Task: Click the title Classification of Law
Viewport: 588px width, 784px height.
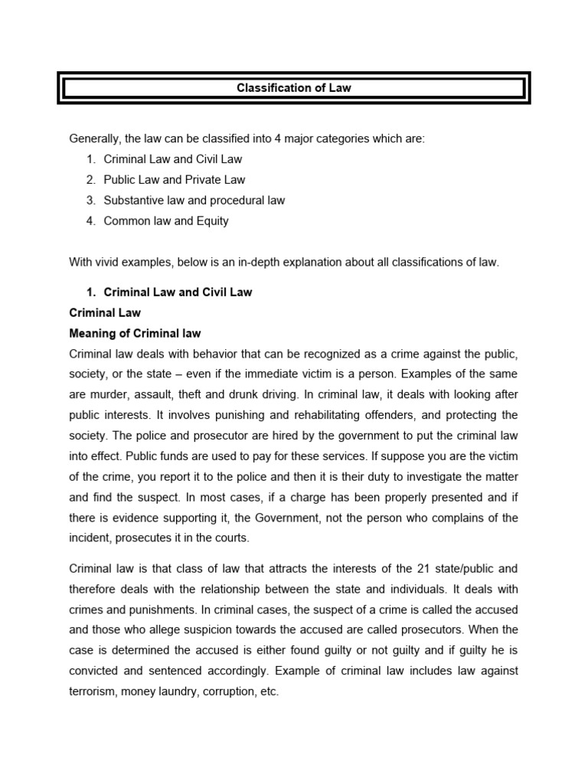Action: (x=294, y=88)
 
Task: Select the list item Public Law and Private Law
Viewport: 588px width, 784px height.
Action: (x=175, y=180)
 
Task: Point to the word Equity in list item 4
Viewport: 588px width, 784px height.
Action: (x=212, y=221)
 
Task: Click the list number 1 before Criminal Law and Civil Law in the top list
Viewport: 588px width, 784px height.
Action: (x=90, y=159)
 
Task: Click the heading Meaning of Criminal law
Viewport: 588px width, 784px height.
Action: (x=135, y=333)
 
